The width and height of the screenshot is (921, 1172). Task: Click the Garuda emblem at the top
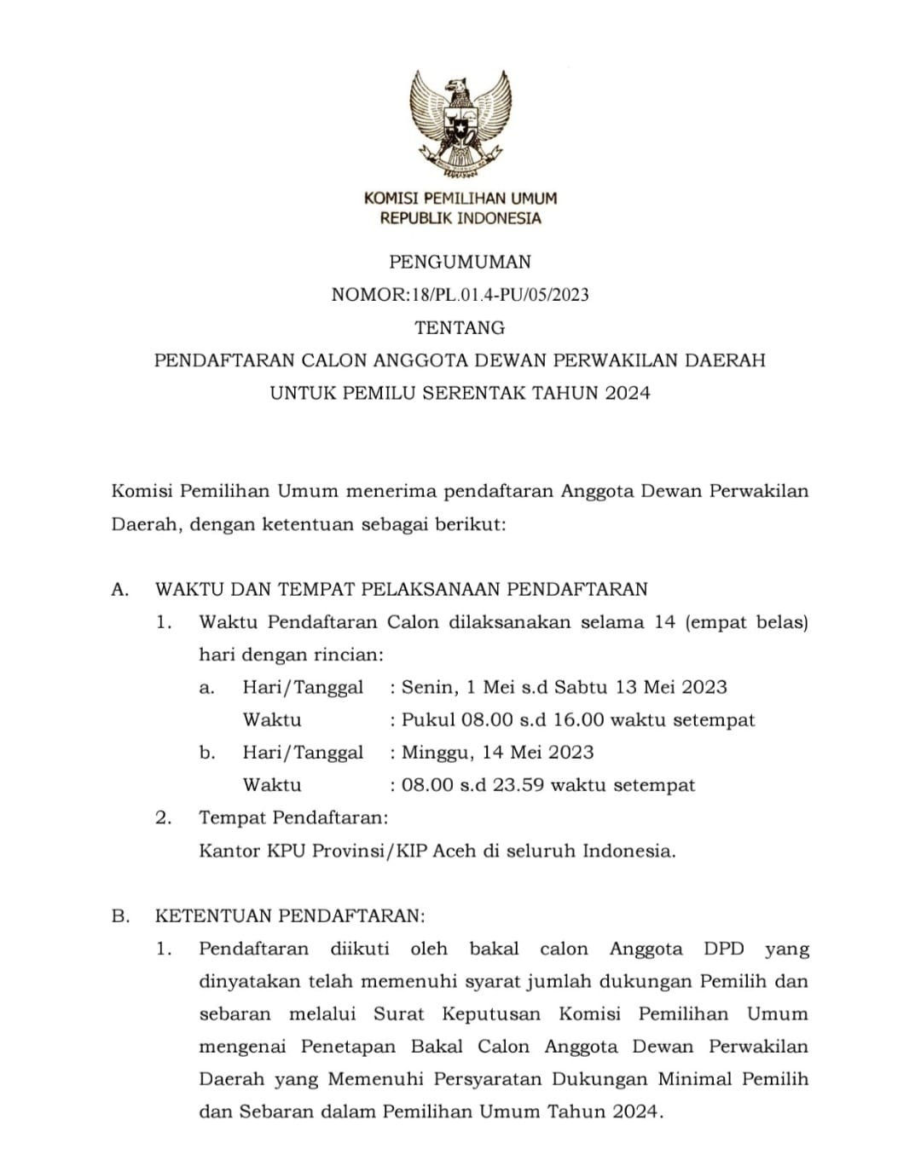coord(460,124)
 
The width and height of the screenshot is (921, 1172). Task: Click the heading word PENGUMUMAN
coord(460,262)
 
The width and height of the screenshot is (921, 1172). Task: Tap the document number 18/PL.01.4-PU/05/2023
coord(499,295)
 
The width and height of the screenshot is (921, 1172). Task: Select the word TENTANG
coord(460,327)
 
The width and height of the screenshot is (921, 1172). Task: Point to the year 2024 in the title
coord(628,393)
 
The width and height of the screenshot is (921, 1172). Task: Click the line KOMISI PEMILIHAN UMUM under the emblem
coord(460,199)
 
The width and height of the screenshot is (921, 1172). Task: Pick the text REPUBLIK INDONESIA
coord(460,218)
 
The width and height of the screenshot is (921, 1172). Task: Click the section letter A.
coord(119,589)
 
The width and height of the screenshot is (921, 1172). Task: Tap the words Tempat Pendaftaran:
coord(293,818)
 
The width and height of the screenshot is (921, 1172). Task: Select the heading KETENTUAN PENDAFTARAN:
coord(289,916)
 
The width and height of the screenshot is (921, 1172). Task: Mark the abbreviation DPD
coord(724,949)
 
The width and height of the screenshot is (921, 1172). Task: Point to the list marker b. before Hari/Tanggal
coord(206,753)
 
